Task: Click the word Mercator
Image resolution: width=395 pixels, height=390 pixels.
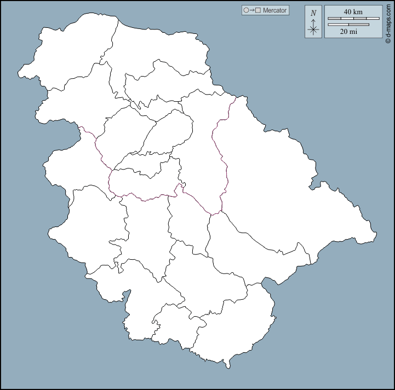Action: (274, 10)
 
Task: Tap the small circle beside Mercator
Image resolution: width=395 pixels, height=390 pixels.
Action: (246, 10)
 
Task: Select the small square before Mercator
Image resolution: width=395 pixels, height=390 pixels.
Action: (258, 10)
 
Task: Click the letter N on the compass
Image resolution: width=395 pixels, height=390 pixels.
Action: (313, 13)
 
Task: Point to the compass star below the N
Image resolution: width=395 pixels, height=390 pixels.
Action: (313, 29)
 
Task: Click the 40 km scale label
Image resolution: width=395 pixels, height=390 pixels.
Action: (353, 11)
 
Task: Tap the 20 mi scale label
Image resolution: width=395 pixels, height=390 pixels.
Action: (348, 32)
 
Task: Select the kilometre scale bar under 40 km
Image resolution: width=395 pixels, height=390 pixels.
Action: (353, 19)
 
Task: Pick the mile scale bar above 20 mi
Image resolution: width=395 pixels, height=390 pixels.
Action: (348, 24)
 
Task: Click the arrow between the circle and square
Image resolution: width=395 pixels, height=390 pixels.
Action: (252, 10)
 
